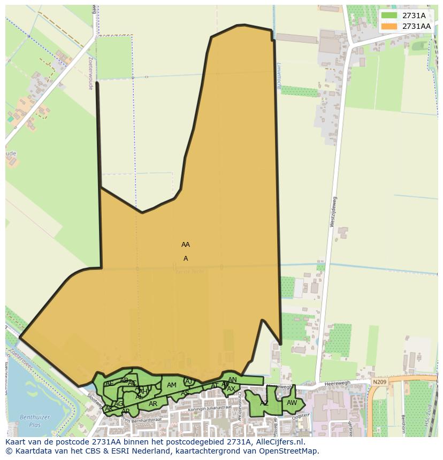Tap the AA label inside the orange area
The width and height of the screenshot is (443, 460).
186,245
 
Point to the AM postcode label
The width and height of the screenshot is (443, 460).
172,385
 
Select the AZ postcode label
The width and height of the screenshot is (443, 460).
264,403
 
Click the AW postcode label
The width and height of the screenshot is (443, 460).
292,403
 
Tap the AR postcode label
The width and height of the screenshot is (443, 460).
153,404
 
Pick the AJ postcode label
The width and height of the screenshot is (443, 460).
188,381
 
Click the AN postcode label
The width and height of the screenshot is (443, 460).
232,380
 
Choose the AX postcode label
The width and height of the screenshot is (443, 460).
231,389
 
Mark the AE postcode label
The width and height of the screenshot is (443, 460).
109,384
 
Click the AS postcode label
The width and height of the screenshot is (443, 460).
185,393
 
